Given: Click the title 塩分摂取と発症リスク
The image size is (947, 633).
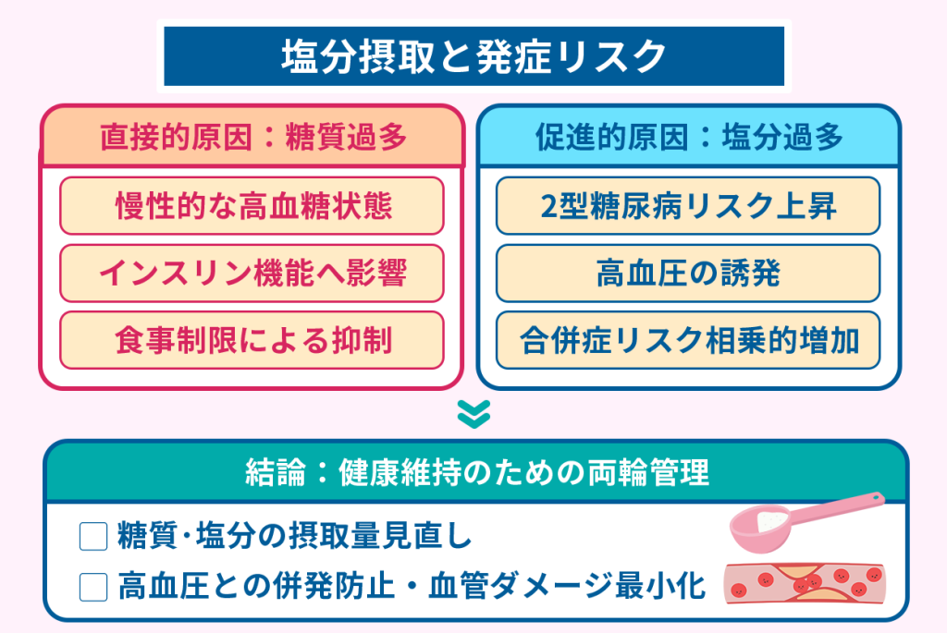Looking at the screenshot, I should (x=473, y=56).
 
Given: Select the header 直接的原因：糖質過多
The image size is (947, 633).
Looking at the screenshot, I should (x=252, y=138).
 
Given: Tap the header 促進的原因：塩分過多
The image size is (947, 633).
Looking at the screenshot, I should (x=688, y=138).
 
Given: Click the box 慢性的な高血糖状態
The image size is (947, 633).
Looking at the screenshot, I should (x=252, y=205).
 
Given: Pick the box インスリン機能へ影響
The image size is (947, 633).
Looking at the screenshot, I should (x=252, y=274).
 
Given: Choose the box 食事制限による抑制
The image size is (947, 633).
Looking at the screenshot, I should (x=252, y=341).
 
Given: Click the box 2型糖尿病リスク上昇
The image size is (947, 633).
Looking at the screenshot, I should (x=688, y=205).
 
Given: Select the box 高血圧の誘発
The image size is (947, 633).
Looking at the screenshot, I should (x=688, y=274).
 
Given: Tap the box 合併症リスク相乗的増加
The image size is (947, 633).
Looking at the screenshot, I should (x=688, y=341).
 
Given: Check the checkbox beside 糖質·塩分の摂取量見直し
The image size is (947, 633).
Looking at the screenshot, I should (x=94, y=538).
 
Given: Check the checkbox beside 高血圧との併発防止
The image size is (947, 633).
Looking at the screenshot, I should (x=94, y=586).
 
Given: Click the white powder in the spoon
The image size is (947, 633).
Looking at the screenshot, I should (x=766, y=521).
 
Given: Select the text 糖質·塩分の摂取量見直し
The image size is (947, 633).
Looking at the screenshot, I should (x=295, y=538).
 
